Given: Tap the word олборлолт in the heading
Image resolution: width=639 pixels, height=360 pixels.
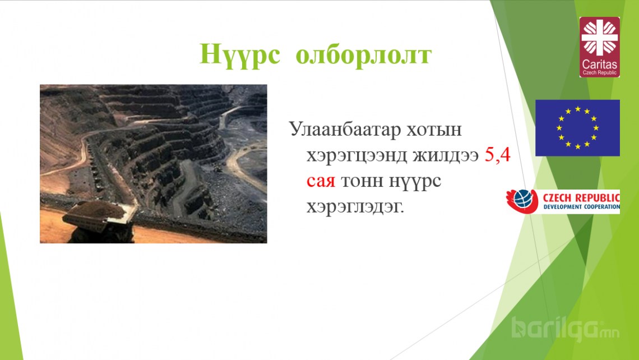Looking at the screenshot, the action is (364, 54).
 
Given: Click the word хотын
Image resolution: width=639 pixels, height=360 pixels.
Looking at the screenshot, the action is (434, 130).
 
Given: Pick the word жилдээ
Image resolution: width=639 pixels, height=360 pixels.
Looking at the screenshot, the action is (446, 156).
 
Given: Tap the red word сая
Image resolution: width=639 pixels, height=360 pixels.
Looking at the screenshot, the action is (321, 181).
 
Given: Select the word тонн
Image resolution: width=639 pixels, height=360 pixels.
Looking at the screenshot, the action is (362, 181).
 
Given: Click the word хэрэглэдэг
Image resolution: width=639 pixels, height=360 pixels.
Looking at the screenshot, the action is (355, 207).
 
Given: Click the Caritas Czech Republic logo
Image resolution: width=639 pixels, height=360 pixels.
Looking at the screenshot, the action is (599, 47).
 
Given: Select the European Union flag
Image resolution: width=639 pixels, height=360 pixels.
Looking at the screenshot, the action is (577, 128).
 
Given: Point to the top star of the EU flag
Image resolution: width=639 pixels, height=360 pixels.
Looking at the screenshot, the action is (577, 109).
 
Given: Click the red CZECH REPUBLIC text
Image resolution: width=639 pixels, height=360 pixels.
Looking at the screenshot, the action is (581, 198).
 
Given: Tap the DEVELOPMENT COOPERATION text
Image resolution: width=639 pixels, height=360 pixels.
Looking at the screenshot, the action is (581, 207).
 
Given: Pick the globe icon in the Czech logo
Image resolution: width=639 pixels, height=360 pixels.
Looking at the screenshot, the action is (523, 200).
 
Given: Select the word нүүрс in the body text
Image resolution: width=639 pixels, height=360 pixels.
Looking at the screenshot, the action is (414, 182).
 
